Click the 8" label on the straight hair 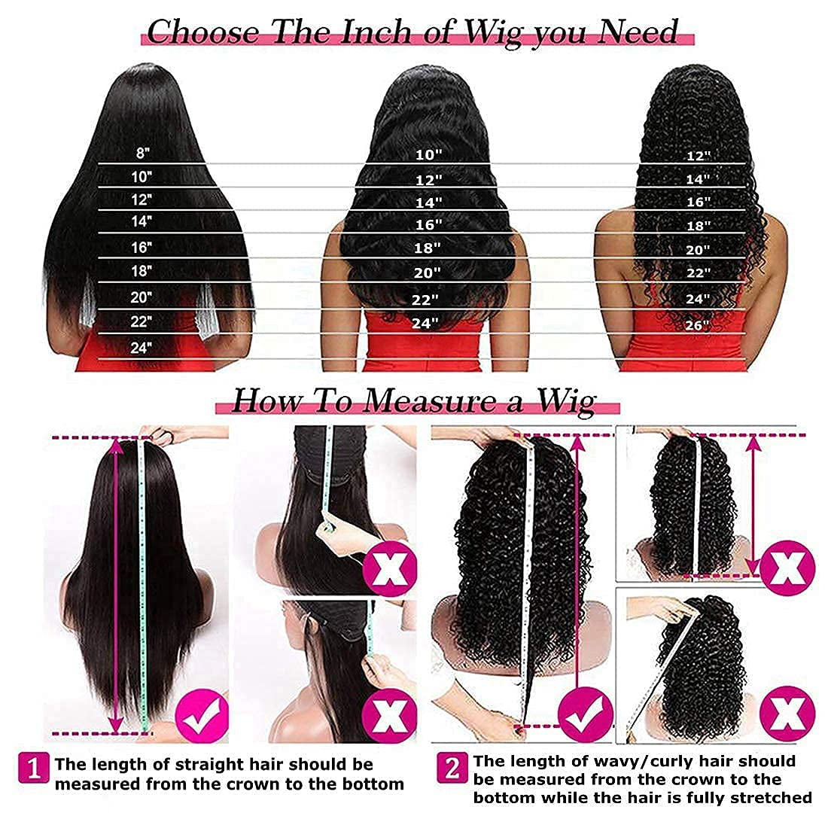143,153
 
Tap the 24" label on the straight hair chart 142,348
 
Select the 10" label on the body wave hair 428,155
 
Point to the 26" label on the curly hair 698,326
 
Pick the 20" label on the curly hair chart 698,250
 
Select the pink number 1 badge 35,769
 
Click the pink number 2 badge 453,769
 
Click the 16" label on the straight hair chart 142,246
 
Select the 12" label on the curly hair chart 698,156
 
